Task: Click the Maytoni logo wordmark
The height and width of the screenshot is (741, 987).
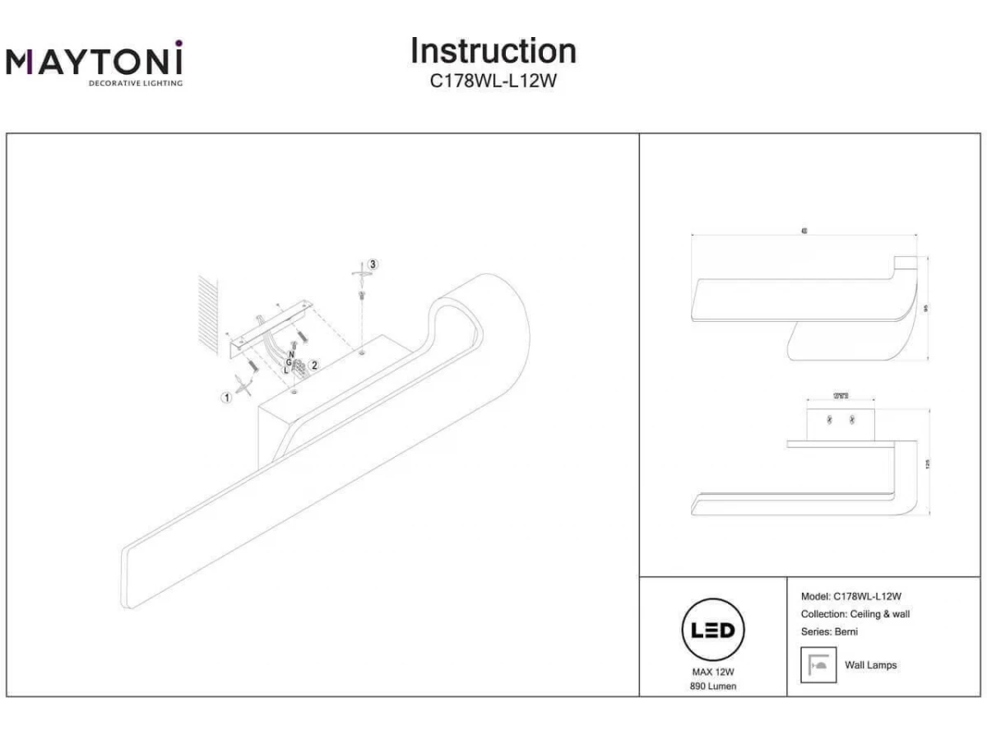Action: tap(95, 62)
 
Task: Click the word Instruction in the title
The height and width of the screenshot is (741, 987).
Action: tap(493, 51)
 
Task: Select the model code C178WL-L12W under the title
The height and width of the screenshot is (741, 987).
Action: tap(493, 81)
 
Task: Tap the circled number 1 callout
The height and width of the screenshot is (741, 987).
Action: tap(225, 397)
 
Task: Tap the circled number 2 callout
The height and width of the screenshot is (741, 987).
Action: tap(314, 365)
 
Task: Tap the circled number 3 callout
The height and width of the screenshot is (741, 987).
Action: tap(373, 264)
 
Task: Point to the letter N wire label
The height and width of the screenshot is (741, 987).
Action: tap(291, 354)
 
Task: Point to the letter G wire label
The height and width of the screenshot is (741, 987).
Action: tap(288, 362)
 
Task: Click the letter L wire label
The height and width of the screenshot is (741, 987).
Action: tap(285, 370)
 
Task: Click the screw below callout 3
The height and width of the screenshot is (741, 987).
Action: tap(361, 294)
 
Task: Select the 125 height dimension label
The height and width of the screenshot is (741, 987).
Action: tap(926, 464)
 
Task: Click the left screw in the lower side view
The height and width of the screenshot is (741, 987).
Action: tap(829, 420)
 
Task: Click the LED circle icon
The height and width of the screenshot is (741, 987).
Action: tap(712, 631)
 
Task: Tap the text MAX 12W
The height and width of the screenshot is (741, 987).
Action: tap(712, 672)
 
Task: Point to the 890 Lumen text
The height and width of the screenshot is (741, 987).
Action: tap(712, 686)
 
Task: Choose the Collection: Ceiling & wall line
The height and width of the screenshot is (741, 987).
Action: tap(855, 614)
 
